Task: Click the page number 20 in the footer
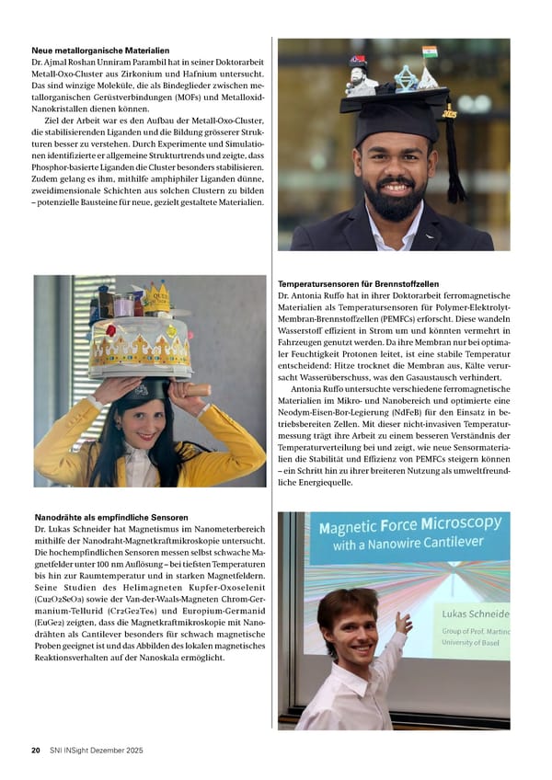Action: pos(36,751)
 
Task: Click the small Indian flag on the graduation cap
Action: pos(429,52)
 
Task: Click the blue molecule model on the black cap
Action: pos(406,77)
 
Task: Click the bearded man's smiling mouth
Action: pos(397,188)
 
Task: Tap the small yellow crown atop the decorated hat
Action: pos(158,295)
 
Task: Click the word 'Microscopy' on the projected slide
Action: pos(454,527)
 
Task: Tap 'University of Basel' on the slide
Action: pos(475,644)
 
